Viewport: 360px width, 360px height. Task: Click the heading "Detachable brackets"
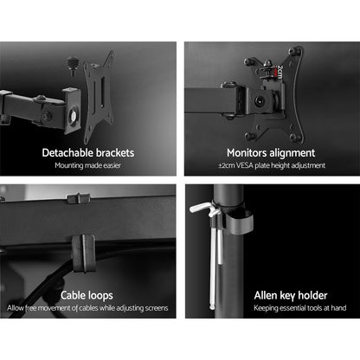tap(88, 152)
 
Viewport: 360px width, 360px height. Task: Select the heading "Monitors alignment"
tap(269, 152)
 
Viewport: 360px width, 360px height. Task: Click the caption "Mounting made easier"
tap(88, 166)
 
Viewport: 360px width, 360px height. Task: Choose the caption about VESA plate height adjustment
tap(269, 166)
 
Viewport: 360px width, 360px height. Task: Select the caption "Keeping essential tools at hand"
tap(269, 307)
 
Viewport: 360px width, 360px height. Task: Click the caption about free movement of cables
tap(88, 307)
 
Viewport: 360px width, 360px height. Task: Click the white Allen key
tap(220, 251)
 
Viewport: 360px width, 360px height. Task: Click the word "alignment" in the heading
tap(293, 152)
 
